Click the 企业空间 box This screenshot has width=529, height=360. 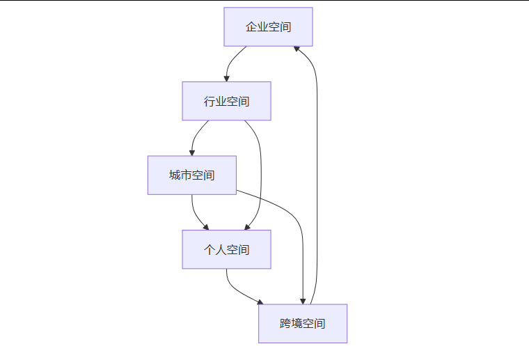click(x=268, y=27)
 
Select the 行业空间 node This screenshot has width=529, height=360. click(x=226, y=101)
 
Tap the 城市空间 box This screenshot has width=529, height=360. click(x=191, y=175)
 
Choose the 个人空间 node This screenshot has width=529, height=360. click(x=226, y=249)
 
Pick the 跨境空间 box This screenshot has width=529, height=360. click(x=303, y=323)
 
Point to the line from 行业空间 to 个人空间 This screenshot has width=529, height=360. click(x=261, y=174)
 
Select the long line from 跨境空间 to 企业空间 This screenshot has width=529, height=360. click(x=317, y=174)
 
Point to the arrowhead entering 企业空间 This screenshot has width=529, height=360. click(x=297, y=49)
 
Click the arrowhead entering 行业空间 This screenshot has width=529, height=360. click(x=226, y=78)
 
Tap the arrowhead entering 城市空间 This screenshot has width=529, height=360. click(x=192, y=152)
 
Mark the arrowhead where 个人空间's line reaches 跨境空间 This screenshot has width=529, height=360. click(x=260, y=302)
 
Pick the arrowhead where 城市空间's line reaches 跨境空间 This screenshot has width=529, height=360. click(x=303, y=300)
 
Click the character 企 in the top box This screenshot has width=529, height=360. click(x=251, y=27)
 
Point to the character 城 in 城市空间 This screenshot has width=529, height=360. click(x=175, y=175)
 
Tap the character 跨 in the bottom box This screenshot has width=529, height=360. click(x=286, y=323)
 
